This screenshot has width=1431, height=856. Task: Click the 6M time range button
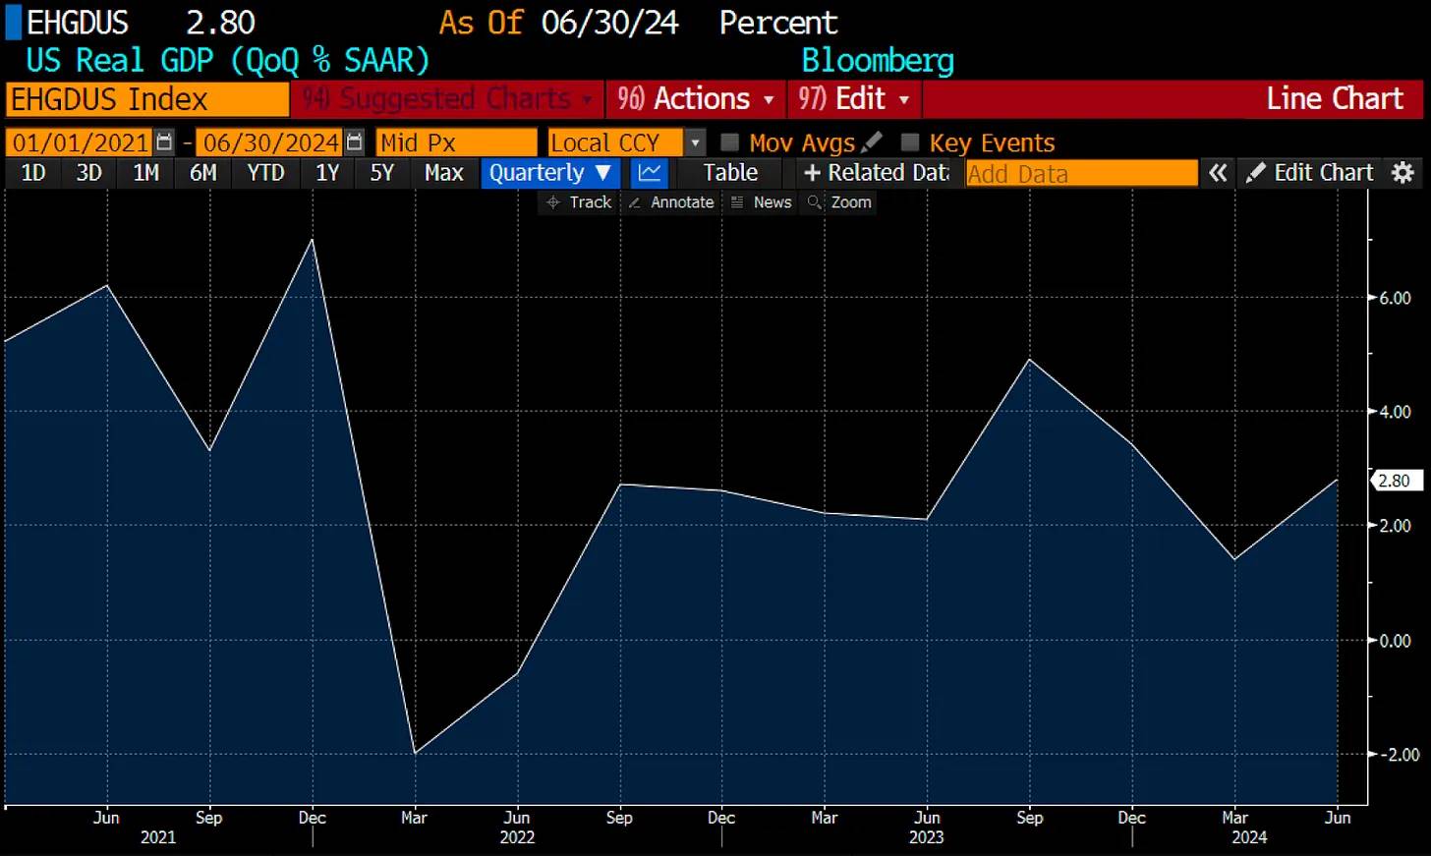click(x=202, y=173)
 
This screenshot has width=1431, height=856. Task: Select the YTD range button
click(x=265, y=173)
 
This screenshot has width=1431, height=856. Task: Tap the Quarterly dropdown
click(x=549, y=173)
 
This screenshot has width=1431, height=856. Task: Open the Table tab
click(x=730, y=173)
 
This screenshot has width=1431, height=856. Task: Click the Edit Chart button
click(x=1311, y=173)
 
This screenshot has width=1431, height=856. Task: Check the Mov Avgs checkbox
click(x=730, y=143)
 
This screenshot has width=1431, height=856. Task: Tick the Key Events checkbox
click(x=910, y=143)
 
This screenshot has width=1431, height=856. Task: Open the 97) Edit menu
click(x=853, y=99)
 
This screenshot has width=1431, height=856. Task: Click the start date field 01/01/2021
click(x=81, y=143)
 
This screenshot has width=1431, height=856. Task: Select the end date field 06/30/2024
click(x=271, y=143)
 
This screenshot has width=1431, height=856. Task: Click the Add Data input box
click(x=1080, y=174)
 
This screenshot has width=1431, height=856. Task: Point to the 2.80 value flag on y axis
click(x=1395, y=481)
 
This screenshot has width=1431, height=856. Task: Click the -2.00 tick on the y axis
click(x=1397, y=755)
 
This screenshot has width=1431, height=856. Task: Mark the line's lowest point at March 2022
click(x=415, y=753)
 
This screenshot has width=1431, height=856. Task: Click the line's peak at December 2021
click(x=313, y=240)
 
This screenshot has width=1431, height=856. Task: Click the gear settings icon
click(x=1403, y=173)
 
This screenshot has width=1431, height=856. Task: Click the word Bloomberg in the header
click(x=878, y=61)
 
